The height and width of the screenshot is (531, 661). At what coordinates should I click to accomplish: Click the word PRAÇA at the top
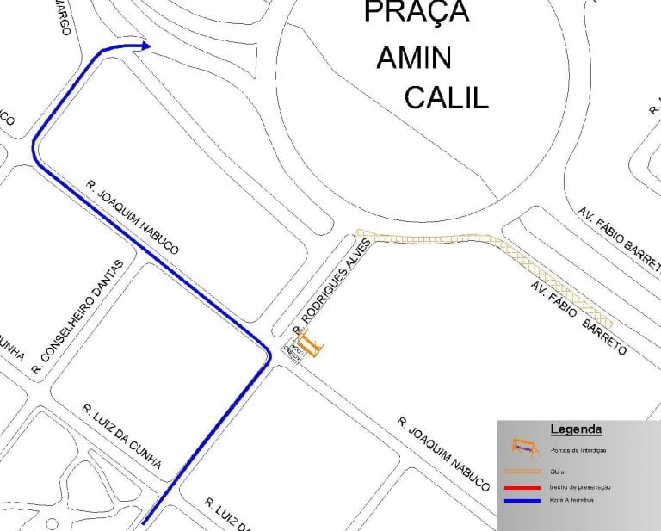(x=417, y=12)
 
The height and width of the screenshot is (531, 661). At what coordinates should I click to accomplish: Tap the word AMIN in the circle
(x=414, y=58)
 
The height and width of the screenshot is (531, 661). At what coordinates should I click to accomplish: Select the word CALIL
(x=446, y=97)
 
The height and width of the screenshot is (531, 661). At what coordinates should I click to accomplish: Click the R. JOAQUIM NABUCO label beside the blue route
(x=133, y=218)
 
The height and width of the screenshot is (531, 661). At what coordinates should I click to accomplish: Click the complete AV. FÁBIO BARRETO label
(x=578, y=318)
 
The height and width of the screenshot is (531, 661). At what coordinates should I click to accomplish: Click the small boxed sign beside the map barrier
(x=292, y=350)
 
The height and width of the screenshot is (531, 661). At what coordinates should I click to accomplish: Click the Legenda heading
(x=576, y=429)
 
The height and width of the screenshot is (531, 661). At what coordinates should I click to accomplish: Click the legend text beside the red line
(x=579, y=486)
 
